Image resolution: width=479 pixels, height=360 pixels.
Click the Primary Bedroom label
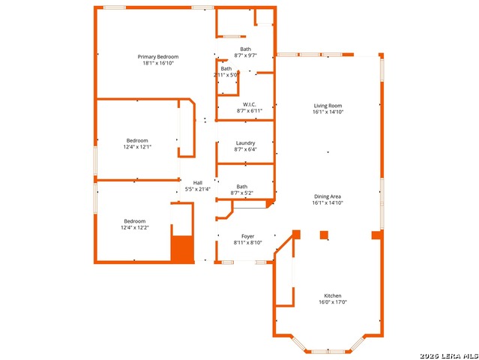click(x=158, y=57)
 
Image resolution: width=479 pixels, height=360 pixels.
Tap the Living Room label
click(x=328, y=106)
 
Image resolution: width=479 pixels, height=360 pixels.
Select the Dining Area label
click(x=328, y=196)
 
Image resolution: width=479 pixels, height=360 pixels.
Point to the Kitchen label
click(x=333, y=295)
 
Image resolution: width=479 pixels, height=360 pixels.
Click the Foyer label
click(x=248, y=236)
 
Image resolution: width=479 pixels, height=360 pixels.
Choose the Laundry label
click(x=245, y=143)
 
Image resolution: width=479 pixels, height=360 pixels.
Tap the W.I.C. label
click(x=250, y=104)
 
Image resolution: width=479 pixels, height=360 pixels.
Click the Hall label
click(x=198, y=183)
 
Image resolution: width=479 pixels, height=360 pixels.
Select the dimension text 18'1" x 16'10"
click(x=158, y=63)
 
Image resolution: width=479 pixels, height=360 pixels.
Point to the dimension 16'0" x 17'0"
click(x=333, y=302)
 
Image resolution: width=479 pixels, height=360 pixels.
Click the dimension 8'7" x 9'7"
click(x=246, y=55)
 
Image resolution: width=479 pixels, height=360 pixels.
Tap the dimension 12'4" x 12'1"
click(x=137, y=147)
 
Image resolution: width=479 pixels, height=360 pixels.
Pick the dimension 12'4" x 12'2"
click(x=135, y=228)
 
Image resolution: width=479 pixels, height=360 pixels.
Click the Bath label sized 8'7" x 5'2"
click(x=242, y=187)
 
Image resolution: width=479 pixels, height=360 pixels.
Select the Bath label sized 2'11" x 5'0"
click(x=226, y=69)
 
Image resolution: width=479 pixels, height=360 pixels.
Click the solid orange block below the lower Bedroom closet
click(x=182, y=249)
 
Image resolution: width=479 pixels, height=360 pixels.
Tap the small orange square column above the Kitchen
click(x=324, y=235)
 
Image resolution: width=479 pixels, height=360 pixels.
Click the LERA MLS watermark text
click(x=449, y=355)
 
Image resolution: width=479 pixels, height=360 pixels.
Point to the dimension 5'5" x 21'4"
click(x=198, y=189)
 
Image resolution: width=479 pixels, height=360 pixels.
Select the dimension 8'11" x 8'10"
click(x=248, y=243)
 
